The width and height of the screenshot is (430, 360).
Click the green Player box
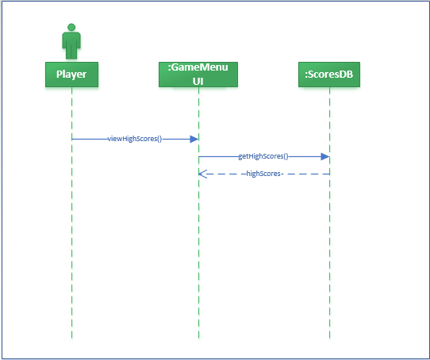(x=71, y=75)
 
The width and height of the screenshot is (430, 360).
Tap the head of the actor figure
(x=71, y=28)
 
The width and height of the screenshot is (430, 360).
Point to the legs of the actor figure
(x=71, y=52)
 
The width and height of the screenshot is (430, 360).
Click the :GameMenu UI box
(x=198, y=75)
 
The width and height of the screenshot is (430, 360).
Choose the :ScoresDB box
(x=329, y=75)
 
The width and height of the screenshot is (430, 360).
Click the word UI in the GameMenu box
(x=198, y=81)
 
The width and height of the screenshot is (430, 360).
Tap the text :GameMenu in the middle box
(x=198, y=69)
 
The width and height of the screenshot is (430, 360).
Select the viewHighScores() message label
(x=135, y=139)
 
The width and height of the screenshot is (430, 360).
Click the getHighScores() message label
(x=263, y=157)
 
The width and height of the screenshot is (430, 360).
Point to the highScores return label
(x=264, y=173)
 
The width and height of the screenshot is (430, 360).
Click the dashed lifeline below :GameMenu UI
(x=198, y=254)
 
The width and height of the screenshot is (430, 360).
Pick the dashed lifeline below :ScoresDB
(x=329, y=254)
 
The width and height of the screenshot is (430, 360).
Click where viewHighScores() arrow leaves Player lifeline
(x=72, y=139)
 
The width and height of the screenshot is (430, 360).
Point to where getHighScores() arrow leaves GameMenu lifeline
(x=199, y=157)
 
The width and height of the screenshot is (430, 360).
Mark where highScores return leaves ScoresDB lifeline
(x=328, y=173)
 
